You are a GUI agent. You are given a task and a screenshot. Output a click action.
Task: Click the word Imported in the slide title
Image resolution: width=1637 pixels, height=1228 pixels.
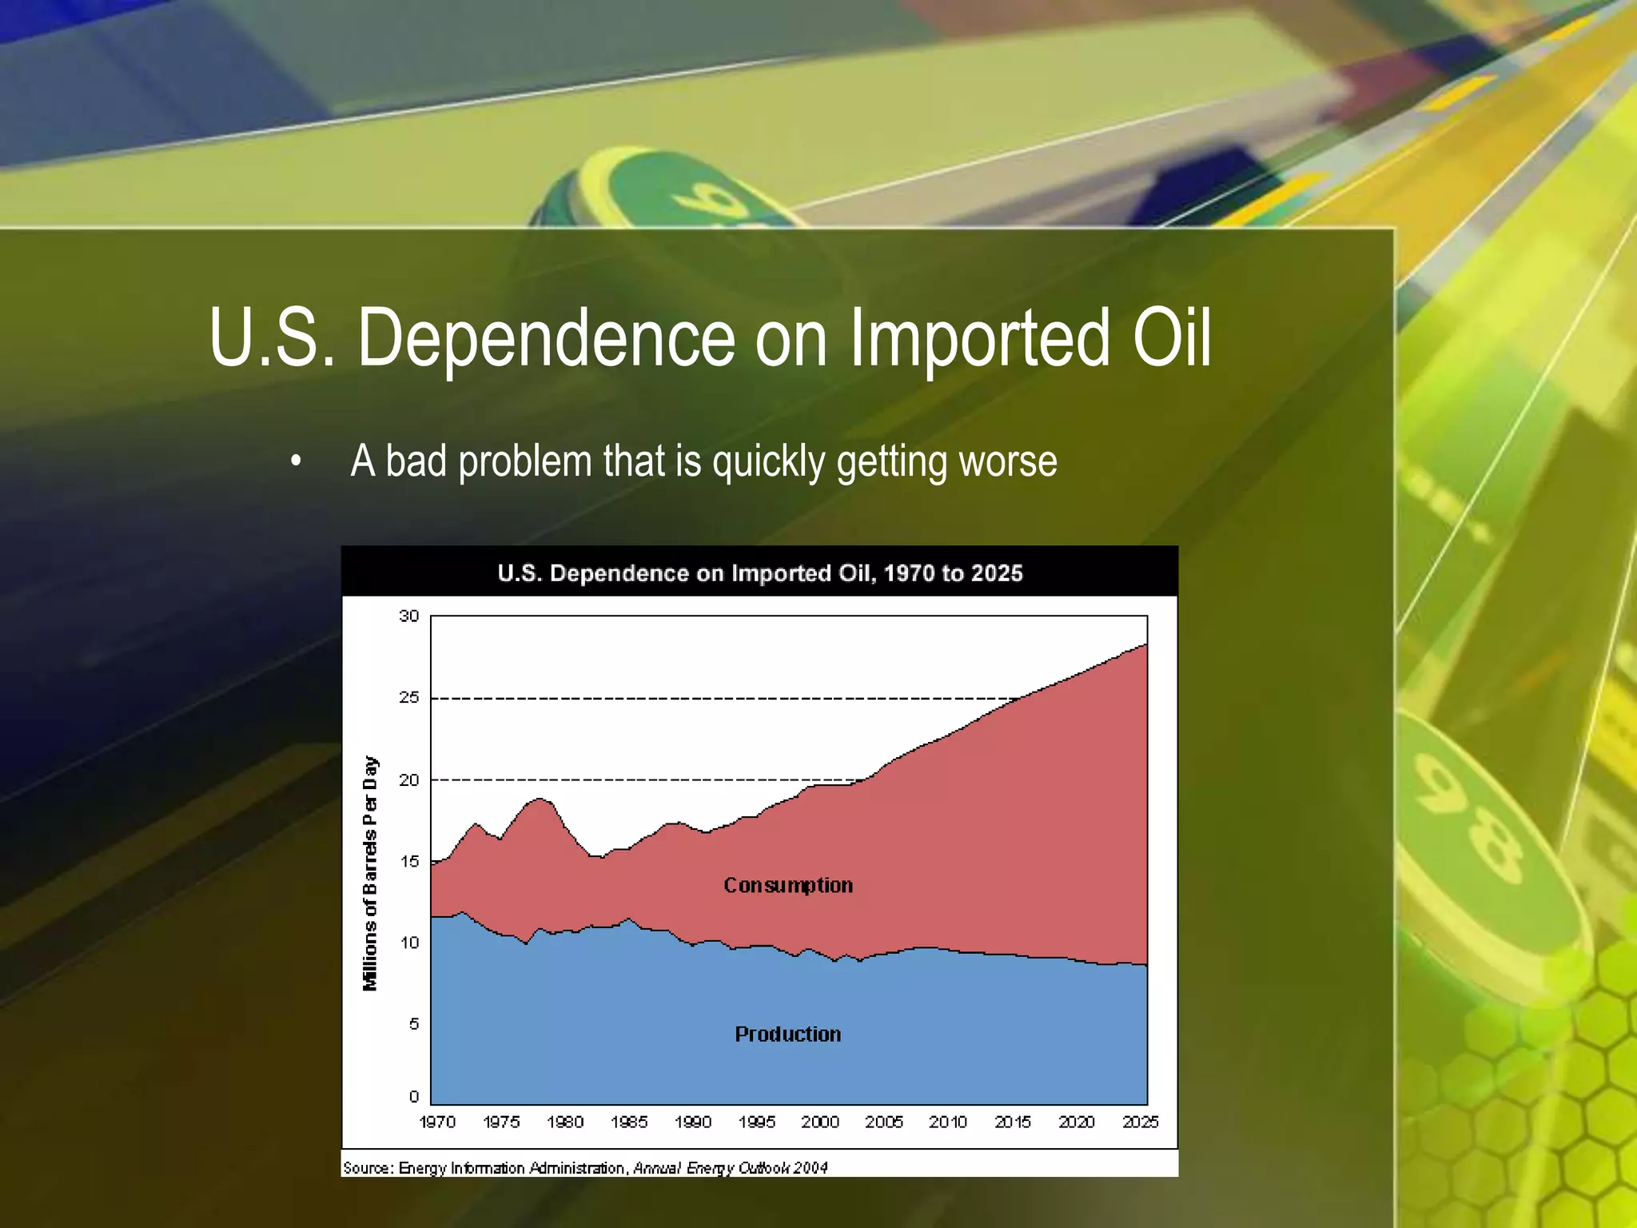980,339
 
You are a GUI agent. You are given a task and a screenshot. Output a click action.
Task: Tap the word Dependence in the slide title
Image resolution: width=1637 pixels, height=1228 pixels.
546,339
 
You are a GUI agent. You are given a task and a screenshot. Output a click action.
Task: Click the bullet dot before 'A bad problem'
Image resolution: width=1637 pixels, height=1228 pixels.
297,462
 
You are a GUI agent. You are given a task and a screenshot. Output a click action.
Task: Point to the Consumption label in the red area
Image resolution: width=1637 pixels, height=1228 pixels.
788,885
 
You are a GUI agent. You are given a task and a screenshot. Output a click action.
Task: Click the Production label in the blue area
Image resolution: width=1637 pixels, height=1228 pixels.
788,1034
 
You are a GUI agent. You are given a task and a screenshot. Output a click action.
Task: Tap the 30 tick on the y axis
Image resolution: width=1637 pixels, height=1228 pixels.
408,616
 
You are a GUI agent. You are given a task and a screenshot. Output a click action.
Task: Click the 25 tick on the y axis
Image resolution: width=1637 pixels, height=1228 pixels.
408,697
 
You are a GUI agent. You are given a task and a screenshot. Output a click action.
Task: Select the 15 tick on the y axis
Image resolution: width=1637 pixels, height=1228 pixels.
408,861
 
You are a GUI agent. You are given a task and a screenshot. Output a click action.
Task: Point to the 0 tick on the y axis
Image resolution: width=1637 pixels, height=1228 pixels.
413,1096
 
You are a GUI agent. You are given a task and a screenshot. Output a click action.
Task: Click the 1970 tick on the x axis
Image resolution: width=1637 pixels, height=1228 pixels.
437,1122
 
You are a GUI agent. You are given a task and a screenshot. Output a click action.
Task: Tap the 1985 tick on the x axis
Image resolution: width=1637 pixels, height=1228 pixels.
629,1122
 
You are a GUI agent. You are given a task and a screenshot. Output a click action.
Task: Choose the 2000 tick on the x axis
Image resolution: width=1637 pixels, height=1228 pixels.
820,1122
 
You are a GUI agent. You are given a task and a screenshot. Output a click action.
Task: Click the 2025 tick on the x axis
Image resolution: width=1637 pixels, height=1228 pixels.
1140,1122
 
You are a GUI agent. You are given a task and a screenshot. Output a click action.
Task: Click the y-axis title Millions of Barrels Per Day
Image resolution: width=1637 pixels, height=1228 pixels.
370,873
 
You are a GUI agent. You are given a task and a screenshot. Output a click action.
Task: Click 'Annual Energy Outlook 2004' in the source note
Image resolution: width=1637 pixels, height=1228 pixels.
731,1168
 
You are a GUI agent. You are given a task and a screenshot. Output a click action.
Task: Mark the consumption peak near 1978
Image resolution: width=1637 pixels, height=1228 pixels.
540,799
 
